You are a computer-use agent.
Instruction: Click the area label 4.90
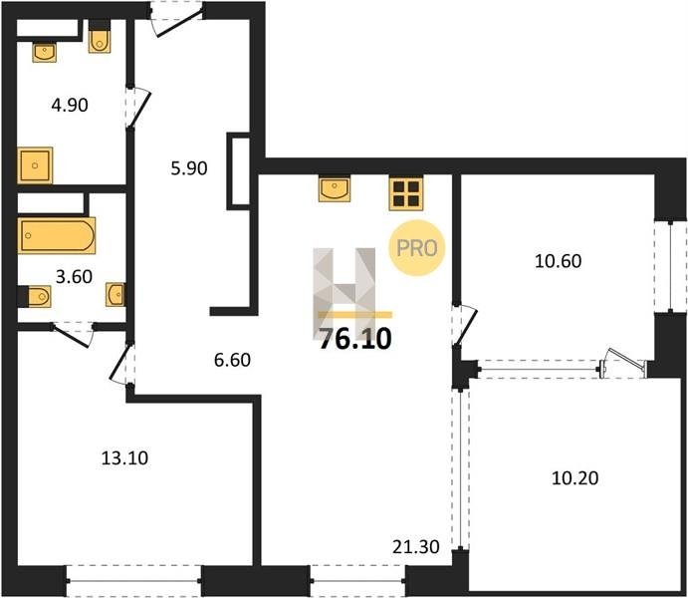pyautogui.click(x=70, y=106)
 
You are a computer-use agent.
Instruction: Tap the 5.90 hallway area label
pyautogui.click(x=189, y=168)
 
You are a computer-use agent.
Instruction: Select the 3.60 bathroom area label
pyautogui.click(x=74, y=277)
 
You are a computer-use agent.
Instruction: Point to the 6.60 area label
pyautogui.click(x=232, y=360)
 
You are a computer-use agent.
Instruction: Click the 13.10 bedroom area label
pyautogui.click(x=125, y=458)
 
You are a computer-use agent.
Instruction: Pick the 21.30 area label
pyautogui.click(x=416, y=547)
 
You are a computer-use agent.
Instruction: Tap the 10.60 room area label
pyautogui.click(x=559, y=261)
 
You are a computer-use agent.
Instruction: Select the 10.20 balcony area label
pyautogui.click(x=574, y=478)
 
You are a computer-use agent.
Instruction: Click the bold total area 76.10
pyautogui.click(x=355, y=340)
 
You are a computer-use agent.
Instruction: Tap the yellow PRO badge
pyautogui.click(x=417, y=248)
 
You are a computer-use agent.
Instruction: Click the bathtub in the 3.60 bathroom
pyautogui.click(x=57, y=235)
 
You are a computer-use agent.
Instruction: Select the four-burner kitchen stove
pyautogui.click(x=406, y=193)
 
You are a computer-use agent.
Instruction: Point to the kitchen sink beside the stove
pyautogui.click(x=335, y=189)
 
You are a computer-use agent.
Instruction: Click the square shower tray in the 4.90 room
pyautogui.click(x=35, y=165)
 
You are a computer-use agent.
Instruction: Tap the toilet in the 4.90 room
pyautogui.click(x=100, y=42)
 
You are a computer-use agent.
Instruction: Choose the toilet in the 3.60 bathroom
pyautogui.click(x=35, y=296)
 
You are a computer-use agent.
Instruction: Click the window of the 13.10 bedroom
pyautogui.click(x=133, y=580)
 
